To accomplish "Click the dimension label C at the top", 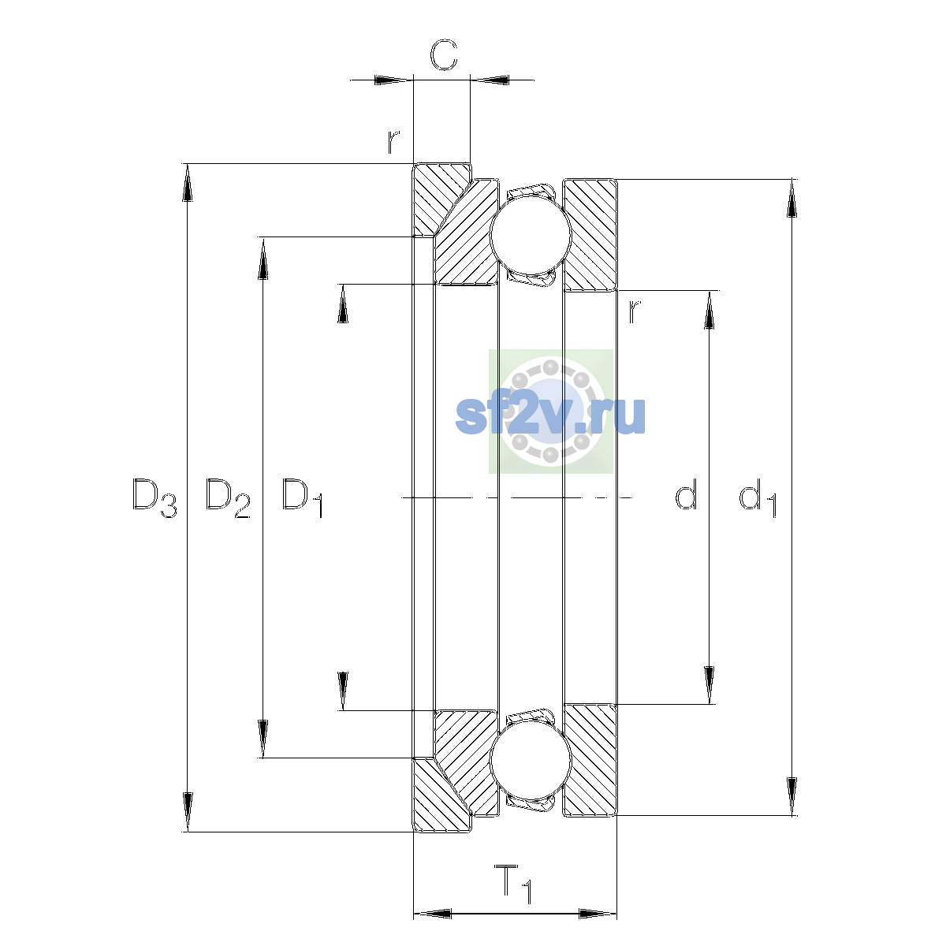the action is [444, 54].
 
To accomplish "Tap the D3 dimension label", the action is [155, 497].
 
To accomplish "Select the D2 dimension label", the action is [228, 497].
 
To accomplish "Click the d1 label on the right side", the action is [758, 497].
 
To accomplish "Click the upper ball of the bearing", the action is [531, 235].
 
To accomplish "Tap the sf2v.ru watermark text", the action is [550, 415].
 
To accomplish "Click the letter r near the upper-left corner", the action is [393, 142].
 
